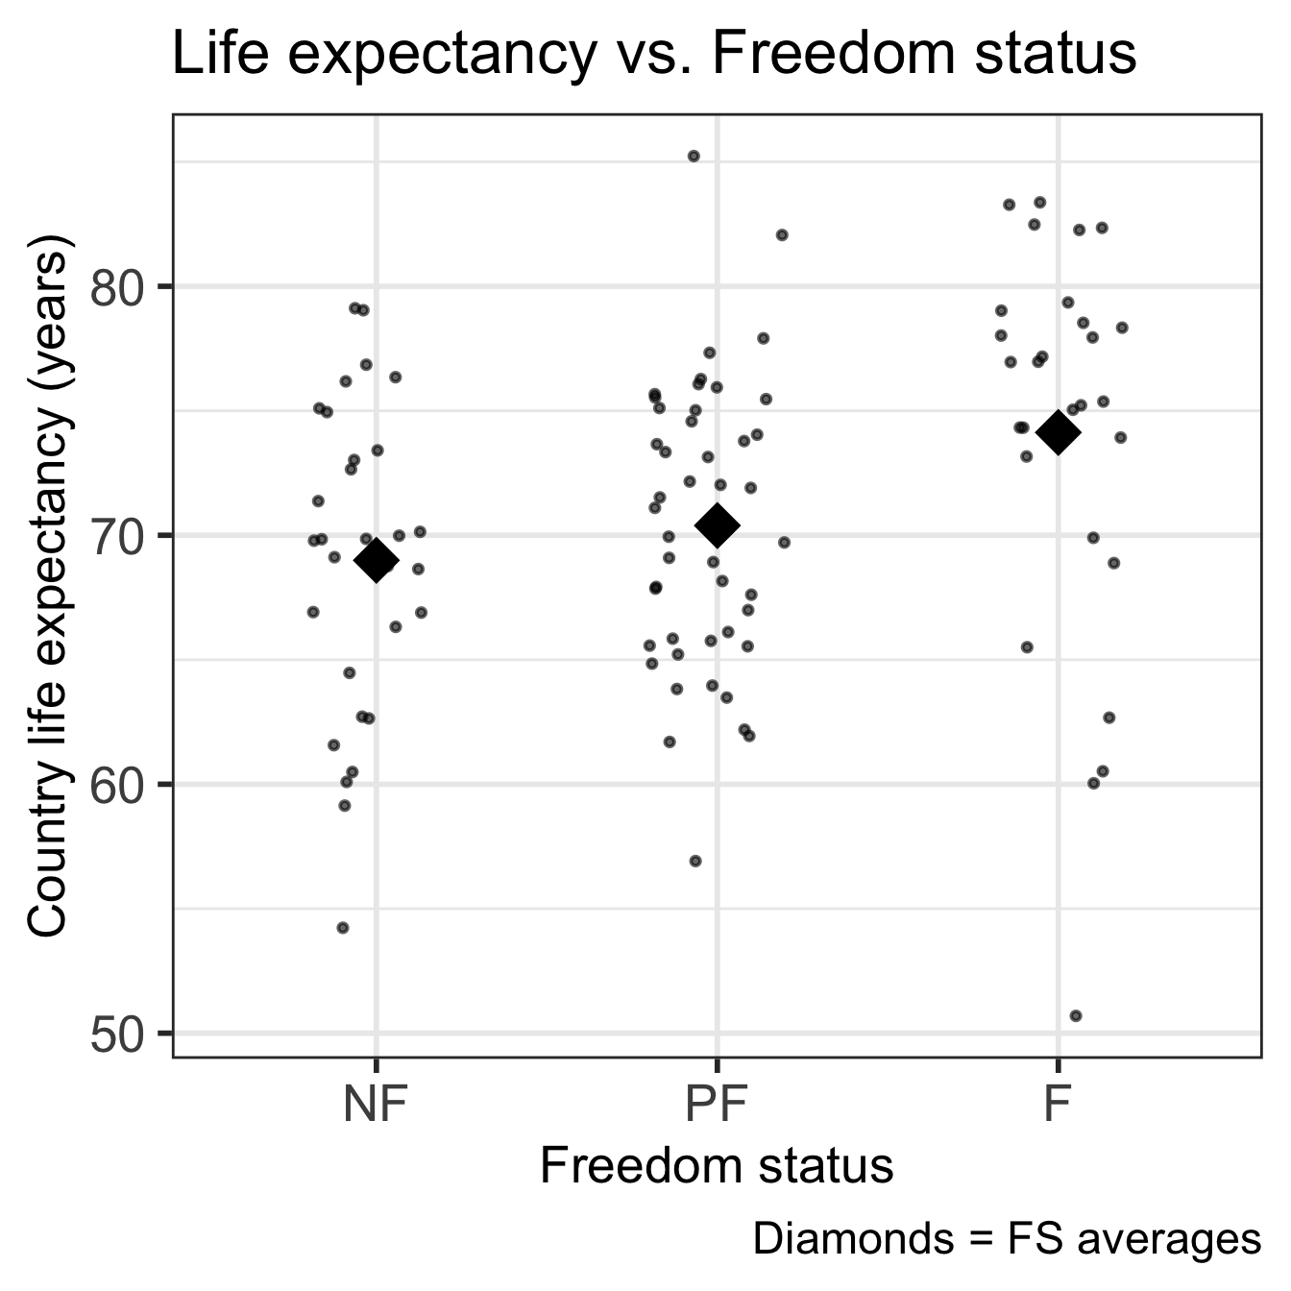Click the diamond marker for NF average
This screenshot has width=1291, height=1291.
pyautogui.click(x=376, y=560)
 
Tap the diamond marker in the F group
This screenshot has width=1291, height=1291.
pyautogui.click(x=1058, y=432)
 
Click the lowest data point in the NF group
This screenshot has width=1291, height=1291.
pyautogui.click(x=343, y=927)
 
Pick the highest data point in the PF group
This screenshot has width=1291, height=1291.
pyautogui.click(x=694, y=156)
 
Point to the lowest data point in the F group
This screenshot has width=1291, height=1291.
pyautogui.click(x=1076, y=1015)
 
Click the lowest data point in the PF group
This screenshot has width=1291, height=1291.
pyautogui.click(x=695, y=861)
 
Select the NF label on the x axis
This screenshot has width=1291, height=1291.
pyautogui.click(x=376, y=1105)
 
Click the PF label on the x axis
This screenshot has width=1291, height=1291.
pyautogui.click(x=717, y=1105)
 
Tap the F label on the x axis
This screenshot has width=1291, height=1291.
pyautogui.click(x=1057, y=1105)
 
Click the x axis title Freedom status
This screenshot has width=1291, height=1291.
pyautogui.click(x=717, y=1166)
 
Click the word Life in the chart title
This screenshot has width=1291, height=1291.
pyautogui.click(x=212, y=54)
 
